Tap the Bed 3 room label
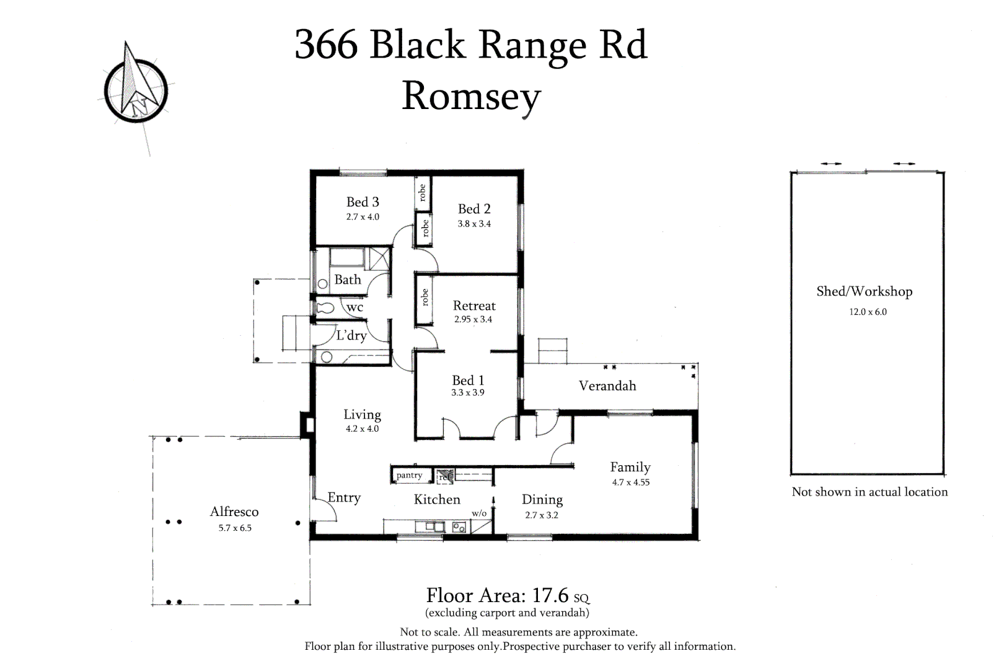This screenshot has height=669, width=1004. pyautogui.click(x=363, y=202)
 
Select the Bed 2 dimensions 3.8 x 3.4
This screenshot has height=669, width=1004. pyautogui.click(x=474, y=224)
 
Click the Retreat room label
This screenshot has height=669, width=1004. pyautogui.click(x=474, y=305)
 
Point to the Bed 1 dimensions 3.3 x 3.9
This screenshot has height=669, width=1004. pyautogui.click(x=467, y=393)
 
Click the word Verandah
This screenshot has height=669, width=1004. pyautogui.click(x=607, y=386)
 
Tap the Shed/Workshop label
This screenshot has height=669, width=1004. pyautogui.click(x=864, y=292)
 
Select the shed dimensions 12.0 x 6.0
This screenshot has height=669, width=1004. pyautogui.click(x=868, y=312)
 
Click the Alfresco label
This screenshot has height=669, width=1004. pyautogui.click(x=234, y=512)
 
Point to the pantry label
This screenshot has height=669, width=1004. pyautogui.click(x=409, y=476)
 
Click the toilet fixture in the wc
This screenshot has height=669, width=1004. pyautogui.click(x=325, y=308)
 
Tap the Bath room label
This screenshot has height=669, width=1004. pyautogui.click(x=347, y=279)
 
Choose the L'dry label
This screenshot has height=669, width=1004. pyautogui.click(x=351, y=335)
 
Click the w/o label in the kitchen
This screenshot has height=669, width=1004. pyautogui.click(x=479, y=514)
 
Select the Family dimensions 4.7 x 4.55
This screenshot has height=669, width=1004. pyautogui.click(x=631, y=483)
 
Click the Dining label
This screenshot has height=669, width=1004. pyautogui.click(x=542, y=499)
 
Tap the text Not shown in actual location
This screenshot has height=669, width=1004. pyautogui.click(x=870, y=492)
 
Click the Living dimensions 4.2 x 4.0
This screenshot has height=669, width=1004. pyautogui.click(x=362, y=429)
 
